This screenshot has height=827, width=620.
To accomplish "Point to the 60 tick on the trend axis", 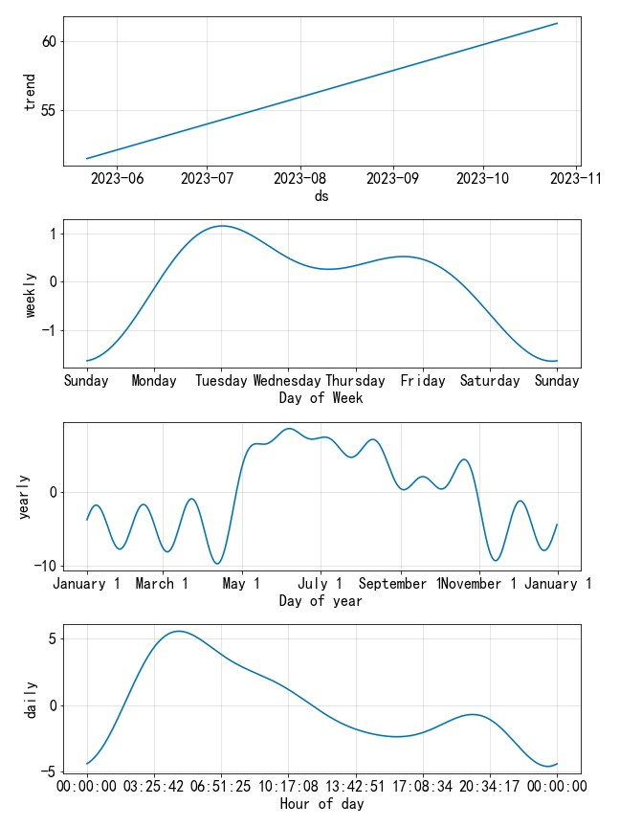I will point(49,41).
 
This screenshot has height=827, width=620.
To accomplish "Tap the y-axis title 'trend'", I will point(29,92).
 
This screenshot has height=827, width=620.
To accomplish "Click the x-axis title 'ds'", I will point(321,196).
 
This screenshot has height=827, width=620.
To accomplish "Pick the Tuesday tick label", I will point(222,381).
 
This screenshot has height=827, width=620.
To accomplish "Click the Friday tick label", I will point(423,381).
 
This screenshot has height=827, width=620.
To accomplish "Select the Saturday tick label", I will point(490,381).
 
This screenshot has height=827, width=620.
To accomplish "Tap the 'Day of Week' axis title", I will point(321,398).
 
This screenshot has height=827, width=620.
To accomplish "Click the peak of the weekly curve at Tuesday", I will point(222,226).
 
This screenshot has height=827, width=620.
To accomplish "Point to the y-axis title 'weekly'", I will point(29,294).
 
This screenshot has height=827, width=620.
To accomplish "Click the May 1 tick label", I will point(242,584).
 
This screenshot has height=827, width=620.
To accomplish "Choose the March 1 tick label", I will point(163,584).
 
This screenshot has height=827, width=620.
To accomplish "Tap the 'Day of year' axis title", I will point(321,601).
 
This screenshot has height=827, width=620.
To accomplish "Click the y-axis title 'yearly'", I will point(25,496).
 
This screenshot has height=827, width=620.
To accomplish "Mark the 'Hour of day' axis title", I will point(321,804).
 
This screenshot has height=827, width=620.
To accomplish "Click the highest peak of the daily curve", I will point(178,631).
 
